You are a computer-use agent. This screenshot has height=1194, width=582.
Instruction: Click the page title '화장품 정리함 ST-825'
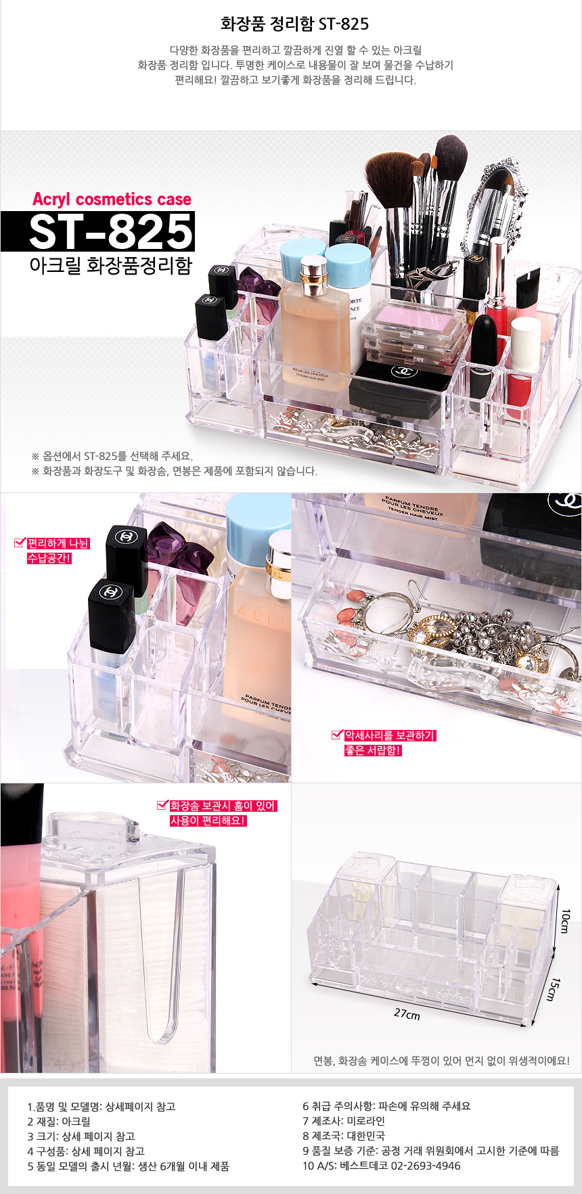tap(294, 24)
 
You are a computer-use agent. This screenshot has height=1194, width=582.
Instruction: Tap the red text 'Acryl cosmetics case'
tap(112, 200)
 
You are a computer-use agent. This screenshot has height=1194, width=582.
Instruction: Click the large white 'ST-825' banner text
tap(112, 231)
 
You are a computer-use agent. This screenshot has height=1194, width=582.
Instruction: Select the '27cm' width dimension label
tap(407, 1014)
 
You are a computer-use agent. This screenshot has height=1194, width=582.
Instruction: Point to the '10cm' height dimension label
tap(566, 921)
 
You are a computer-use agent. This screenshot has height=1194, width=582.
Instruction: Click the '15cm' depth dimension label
tap(554, 989)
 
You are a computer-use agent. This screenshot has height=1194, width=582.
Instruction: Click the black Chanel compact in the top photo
tap(399, 388)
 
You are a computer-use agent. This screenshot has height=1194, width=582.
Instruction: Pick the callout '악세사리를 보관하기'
tap(390, 735)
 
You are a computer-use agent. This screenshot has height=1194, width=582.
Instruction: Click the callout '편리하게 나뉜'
tap(58, 543)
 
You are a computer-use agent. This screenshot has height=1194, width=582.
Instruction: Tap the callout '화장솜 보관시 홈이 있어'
tap(223, 806)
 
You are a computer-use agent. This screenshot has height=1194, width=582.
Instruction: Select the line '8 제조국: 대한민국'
tap(344, 1136)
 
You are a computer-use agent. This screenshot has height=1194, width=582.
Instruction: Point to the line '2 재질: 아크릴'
tap(59, 1121)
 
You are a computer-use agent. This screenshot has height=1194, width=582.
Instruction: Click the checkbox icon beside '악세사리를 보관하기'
tap(337, 735)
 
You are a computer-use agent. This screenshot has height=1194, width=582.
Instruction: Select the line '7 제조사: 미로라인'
tap(344, 1121)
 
